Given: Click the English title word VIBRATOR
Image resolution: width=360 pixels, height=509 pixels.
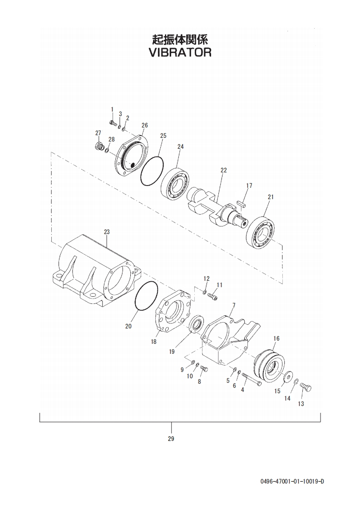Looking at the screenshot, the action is tap(180, 52).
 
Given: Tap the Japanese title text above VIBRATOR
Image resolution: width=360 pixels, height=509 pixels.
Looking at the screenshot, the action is tap(180, 39).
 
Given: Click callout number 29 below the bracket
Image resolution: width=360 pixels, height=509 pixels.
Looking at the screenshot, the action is tap(171, 439).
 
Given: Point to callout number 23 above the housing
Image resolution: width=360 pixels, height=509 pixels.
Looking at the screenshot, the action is tap(107, 232).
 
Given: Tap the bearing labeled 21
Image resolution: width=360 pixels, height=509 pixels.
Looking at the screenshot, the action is tap(261, 231).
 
